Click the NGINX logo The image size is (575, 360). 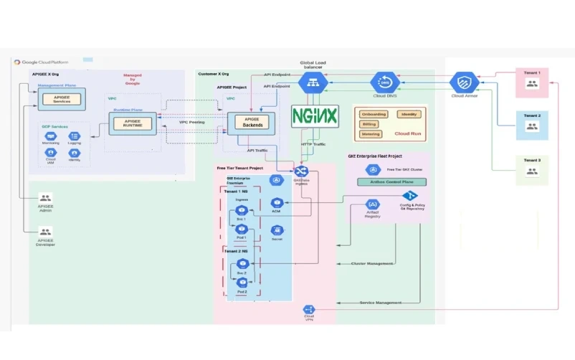(x=315, y=115)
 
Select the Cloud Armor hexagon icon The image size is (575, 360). (x=464, y=82)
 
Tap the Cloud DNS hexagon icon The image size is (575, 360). (x=385, y=82)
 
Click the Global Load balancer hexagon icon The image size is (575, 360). (x=313, y=82)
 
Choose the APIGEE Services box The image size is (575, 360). (x=62, y=100)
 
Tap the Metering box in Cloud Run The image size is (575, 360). (x=371, y=133)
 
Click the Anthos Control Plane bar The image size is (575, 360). (x=391, y=181)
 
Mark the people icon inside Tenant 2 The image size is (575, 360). (x=532, y=126)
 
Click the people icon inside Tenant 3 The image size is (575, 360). (x=532, y=171)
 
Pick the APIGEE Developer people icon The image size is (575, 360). (x=46, y=232)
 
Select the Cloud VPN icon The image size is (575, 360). (x=309, y=309)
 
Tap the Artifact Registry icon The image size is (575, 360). (x=372, y=204)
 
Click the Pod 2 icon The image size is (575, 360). (x=242, y=283)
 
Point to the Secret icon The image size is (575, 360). (x=277, y=230)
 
